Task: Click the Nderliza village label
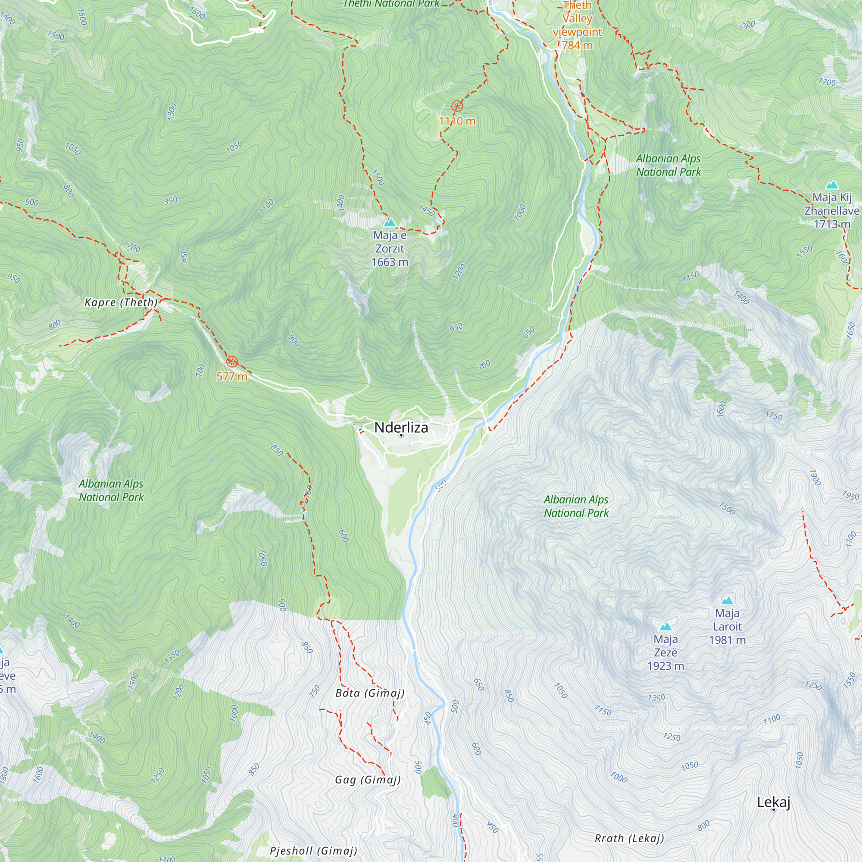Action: pyautogui.click(x=401, y=428)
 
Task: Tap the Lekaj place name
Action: pyautogui.click(x=773, y=802)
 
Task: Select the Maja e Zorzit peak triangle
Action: pyautogui.click(x=390, y=222)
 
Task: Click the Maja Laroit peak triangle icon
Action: pyautogui.click(x=727, y=600)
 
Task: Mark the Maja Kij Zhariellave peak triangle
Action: pyautogui.click(x=832, y=185)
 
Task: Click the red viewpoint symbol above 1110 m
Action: pyautogui.click(x=456, y=106)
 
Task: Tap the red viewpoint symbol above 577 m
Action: pyautogui.click(x=231, y=362)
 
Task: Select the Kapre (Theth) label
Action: pyautogui.click(x=121, y=302)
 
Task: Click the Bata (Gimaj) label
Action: pyautogui.click(x=369, y=693)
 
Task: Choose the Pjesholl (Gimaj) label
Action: pyautogui.click(x=313, y=850)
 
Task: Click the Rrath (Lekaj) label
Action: pyautogui.click(x=629, y=838)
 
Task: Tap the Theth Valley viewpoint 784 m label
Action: pyautogui.click(x=577, y=25)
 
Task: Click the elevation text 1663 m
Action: pyautogui.click(x=390, y=262)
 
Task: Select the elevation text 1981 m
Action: pyautogui.click(x=727, y=640)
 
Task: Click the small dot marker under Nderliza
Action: pyautogui.click(x=401, y=435)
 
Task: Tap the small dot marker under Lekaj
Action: pyautogui.click(x=773, y=809)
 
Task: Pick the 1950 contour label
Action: pyautogui.click(x=850, y=496)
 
